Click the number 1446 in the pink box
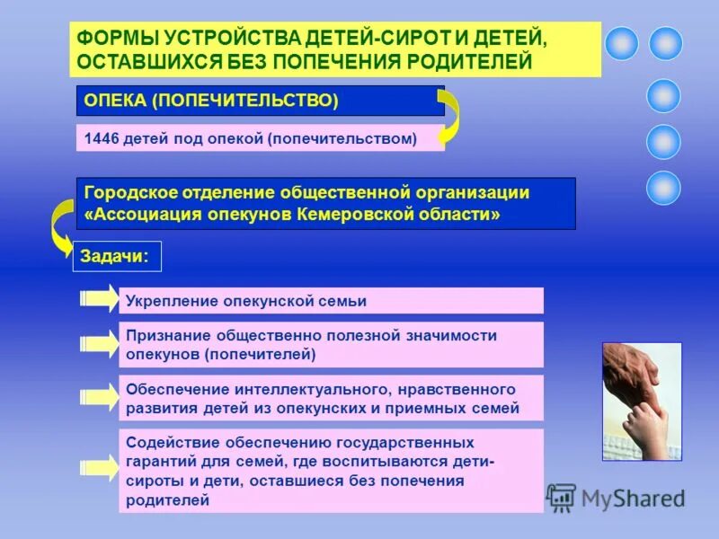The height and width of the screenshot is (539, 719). [x=102, y=138]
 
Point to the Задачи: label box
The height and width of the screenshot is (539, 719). [x=117, y=256]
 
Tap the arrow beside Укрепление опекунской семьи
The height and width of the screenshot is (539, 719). [x=99, y=299]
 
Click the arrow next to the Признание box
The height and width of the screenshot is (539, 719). [x=99, y=343]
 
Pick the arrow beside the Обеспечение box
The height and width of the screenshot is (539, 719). [x=99, y=397]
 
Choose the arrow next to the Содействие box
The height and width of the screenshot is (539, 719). [x=99, y=467]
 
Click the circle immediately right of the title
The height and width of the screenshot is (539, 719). [x=621, y=43]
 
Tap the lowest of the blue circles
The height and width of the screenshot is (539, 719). [x=664, y=188]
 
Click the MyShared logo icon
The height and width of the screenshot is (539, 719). [x=562, y=498]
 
